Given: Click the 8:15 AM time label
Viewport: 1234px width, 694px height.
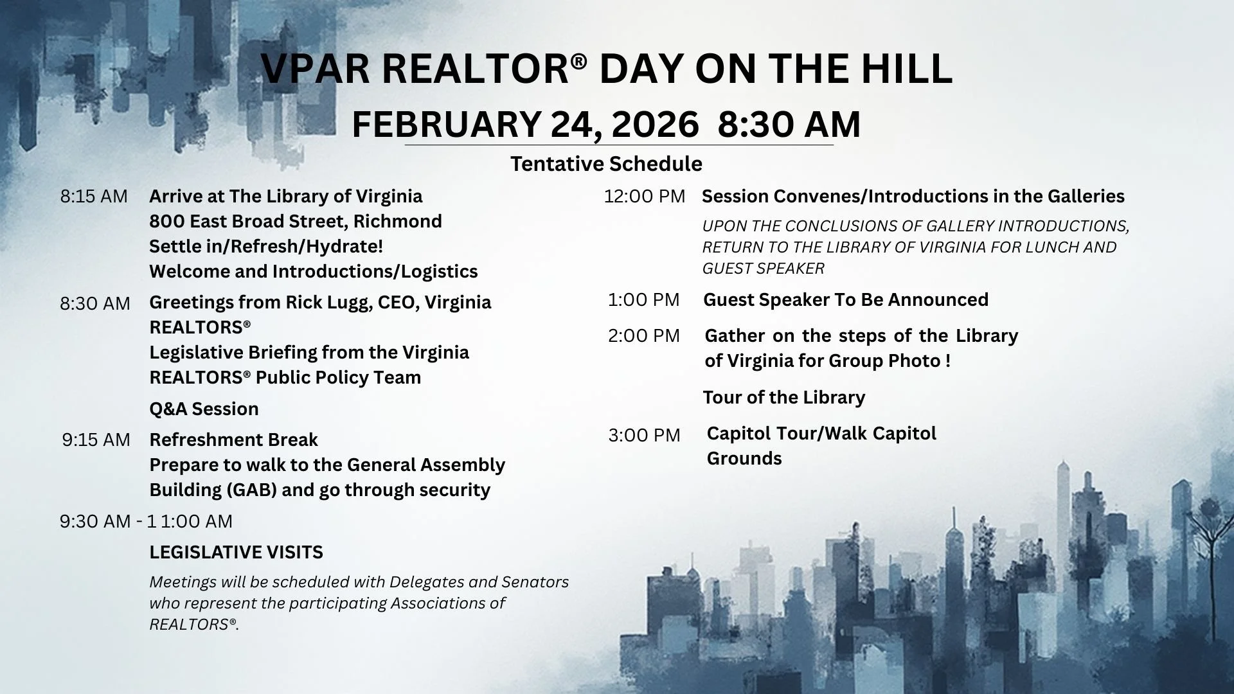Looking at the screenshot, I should pyautogui.click(x=94, y=196).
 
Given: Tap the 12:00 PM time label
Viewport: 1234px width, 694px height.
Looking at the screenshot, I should pyautogui.click(x=644, y=196).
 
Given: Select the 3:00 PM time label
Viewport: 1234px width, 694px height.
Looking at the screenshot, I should pyautogui.click(x=644, y=435).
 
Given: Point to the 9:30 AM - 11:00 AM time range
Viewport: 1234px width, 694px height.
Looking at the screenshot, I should pyautogui.click(x=146, y=521).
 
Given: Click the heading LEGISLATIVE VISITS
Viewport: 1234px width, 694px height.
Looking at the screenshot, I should pyautogui.click(x=236, y=552).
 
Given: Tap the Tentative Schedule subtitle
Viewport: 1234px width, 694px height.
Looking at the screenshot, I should pyautogui.click(x=606, y=164).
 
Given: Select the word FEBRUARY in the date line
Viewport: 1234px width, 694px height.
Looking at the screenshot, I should pyautogui.click(x=446, y=124).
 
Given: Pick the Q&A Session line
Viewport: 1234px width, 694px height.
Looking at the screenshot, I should pyautogui.click(x=204, y=409).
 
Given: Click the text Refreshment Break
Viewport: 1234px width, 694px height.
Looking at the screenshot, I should pyautogui.click(x=233, y=440).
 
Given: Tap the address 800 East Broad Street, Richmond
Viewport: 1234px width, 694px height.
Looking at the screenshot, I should pyautogui.click(x=296, y=221).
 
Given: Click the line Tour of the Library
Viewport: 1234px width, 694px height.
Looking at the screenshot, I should pyautogui.click(x=783, y=397).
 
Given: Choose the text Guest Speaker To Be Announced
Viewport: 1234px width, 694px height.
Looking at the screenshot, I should pyautogui.click(x=846, y=299).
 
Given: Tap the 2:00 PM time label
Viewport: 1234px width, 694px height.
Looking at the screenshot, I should pyautogui.click(x=643, y=335).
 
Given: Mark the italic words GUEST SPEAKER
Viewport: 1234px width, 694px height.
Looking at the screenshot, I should pyautogui.click(x=763, y=269).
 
